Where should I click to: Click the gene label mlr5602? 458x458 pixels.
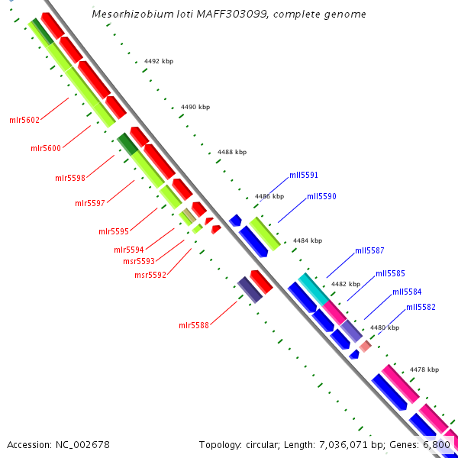(x=24, y=120)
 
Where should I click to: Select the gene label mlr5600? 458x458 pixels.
(x=46, y=148)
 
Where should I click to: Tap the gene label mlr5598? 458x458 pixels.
(x=70, y=178)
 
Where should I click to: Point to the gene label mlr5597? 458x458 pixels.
(x=90, y=203)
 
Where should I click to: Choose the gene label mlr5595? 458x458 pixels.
(x=114, y=231)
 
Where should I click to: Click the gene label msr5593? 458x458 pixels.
(x=139, y=261)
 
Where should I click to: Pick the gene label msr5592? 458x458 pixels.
(x=150, y=275)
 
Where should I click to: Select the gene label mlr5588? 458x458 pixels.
(x=194, y=326)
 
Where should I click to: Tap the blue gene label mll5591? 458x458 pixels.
(x=304, y=176)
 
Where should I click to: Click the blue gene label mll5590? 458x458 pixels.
(x=321, y=196)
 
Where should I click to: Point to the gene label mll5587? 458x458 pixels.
(x=369, y=250)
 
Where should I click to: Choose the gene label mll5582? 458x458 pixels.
(x=421, y=307)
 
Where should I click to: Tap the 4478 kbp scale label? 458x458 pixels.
(x=424, y=369)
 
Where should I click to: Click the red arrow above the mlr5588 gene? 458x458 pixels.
(x=261, y=281)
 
